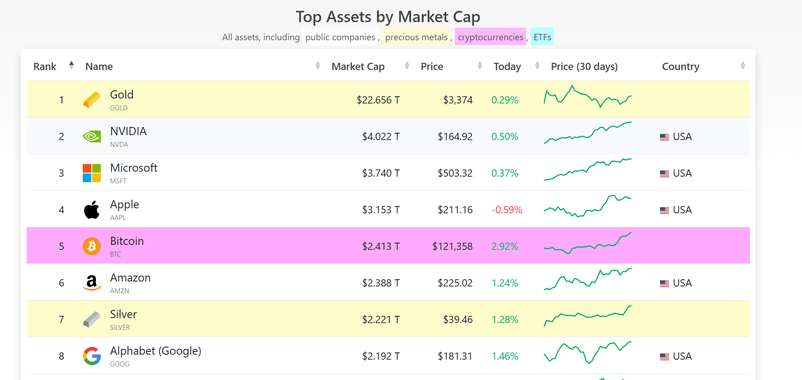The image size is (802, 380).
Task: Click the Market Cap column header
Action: pyautogui.click(x=358, y=66)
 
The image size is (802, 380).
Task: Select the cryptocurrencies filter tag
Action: pyautogui.click(x=490, y=37)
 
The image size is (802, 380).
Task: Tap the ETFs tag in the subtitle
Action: pyautogui.click(x=542, y=37)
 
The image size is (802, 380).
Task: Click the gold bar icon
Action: pyautogui.click(x=92, y=100)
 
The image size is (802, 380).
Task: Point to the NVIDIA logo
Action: pyautogui.click(x=92, y=136)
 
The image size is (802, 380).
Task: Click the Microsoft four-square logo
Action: pyautogui.click(x=92, y=173)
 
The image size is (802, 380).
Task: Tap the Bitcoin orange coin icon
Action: pyautogui.click(x=92, y=246)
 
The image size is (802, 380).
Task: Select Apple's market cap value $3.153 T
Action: pyautogui.click(x=381, y=210)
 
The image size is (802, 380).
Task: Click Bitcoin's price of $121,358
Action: pyautogui.click(x=452, y=246)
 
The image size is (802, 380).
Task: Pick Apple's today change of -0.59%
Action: pyautogui.click(x=507, y=210)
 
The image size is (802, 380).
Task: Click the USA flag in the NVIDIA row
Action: pyautogui.click(x=664, y=137)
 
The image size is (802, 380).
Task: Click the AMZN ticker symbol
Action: pyautogui.click(x=119, y=291)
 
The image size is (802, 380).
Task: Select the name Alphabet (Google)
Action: pyautogui.click(x=156, y=351)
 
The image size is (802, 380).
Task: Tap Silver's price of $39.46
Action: pyautogui.click(x=458, y=319)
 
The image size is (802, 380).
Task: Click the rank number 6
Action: pyautogui.click(x=61, y=283)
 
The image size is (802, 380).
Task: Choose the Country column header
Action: pyautogui.click(x=680, y=66)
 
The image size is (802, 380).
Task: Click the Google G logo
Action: pyautogui.click(x=92, y=356)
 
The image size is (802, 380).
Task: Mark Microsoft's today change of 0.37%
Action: pyautogui.click(x=505, y=173)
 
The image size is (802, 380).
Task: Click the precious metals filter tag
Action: pyautogui.click(x=416, y=37)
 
